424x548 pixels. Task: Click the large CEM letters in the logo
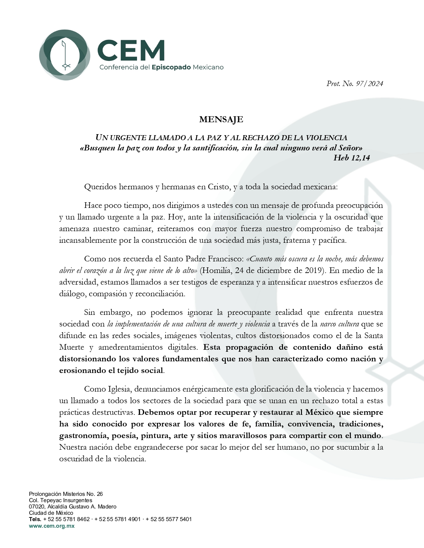pyautogui.click(x=131, y=50)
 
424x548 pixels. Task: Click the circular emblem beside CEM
pyautogui.click(x=65, y=54)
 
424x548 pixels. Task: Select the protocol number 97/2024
pyautogui.click(x=369, y=84)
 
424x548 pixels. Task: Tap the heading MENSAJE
pyautogui.click(x=221, y=120)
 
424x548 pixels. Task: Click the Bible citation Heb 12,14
pyautogui.click(x=352, y=158)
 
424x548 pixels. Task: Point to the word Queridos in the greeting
pyautogui.click(x=99, y=187)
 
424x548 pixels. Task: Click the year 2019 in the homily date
pyautogui.click(x=315, y=270)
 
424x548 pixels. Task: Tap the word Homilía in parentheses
pyautogui.click(x=216, y=270)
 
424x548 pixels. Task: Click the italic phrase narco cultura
pyautogui.click(x=340, y=324)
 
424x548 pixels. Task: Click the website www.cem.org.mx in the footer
pyautogui.click(x=52, y=526)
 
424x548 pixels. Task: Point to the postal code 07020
pyautogui.click(x=37, y=507)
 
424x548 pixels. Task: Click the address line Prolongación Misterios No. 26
pyautogui.click(x=66, y=494)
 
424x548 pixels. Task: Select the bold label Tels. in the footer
pyautogui.click(x=35, y=519)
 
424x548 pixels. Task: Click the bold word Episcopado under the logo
pyautogui.click(x=171, y=67)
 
